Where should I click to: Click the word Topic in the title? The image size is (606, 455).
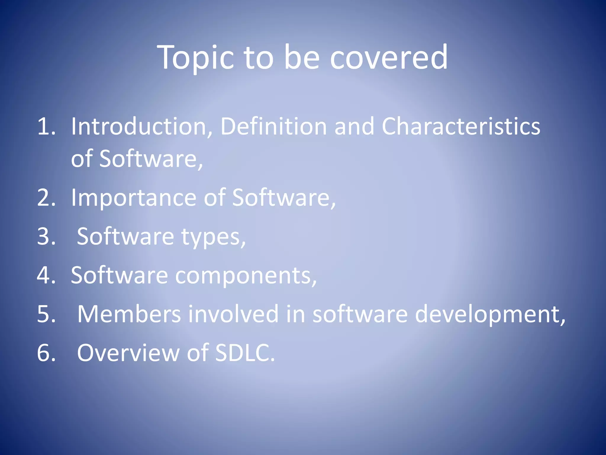click(x=196, y=58)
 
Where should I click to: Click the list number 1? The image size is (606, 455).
click(x=46, y=126)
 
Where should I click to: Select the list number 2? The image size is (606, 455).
click(x=46, y=198)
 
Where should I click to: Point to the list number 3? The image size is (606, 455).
click(x=46, y=237)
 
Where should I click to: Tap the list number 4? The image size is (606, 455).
click(x=46, y=275)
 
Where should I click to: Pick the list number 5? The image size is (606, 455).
click(x=46, y=314)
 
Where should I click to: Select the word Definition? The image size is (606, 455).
click(x=274, y=126)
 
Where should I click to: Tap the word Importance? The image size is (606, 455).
click(x=133, y=198)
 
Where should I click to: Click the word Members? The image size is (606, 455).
click(x=129, y=314)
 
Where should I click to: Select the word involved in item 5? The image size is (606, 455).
click(x=233, y=314)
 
